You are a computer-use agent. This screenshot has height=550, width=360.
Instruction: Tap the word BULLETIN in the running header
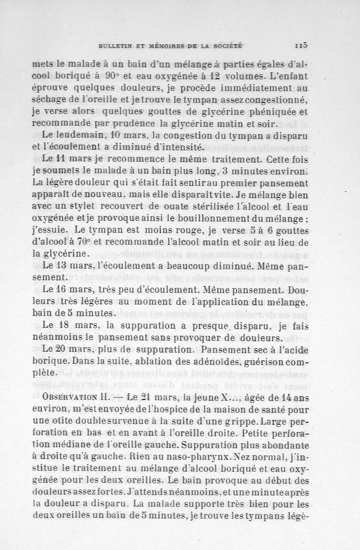[x=115, y=45]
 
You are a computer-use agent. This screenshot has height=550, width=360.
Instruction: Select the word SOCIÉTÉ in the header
[x=227, y=45]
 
